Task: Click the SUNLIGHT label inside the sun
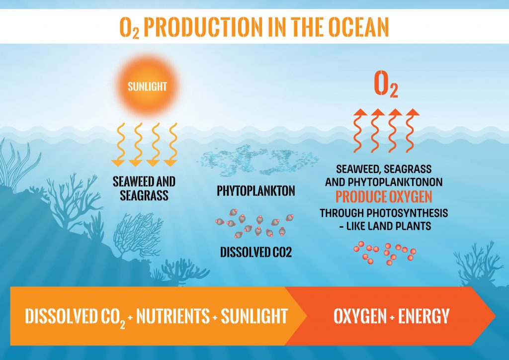pyautogui.click(x=147, y=87)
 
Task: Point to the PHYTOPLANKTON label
pyautogui.click(x=256, y=191)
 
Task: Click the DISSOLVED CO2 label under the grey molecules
pyautogui.click(x=256, y=252)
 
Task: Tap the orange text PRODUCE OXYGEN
pyautogui.click(x=384, y=197)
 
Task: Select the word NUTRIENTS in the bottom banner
pyautogui.click(x=172, y=316)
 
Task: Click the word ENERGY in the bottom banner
pyautogui.click(x=424, y=316)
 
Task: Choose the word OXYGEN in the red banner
pyautogui.click(x=360, y=316)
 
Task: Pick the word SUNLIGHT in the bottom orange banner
pyautogui.click(x=254, y=316)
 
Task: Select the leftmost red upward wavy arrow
pyautogui.click(x=359, y=130)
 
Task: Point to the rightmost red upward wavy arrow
pyautogui.click(x=412, y=130)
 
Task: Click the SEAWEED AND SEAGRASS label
pyautogui.click(x=144, y=188)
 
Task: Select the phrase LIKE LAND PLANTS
pyautogui.click(x=389, y=226)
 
